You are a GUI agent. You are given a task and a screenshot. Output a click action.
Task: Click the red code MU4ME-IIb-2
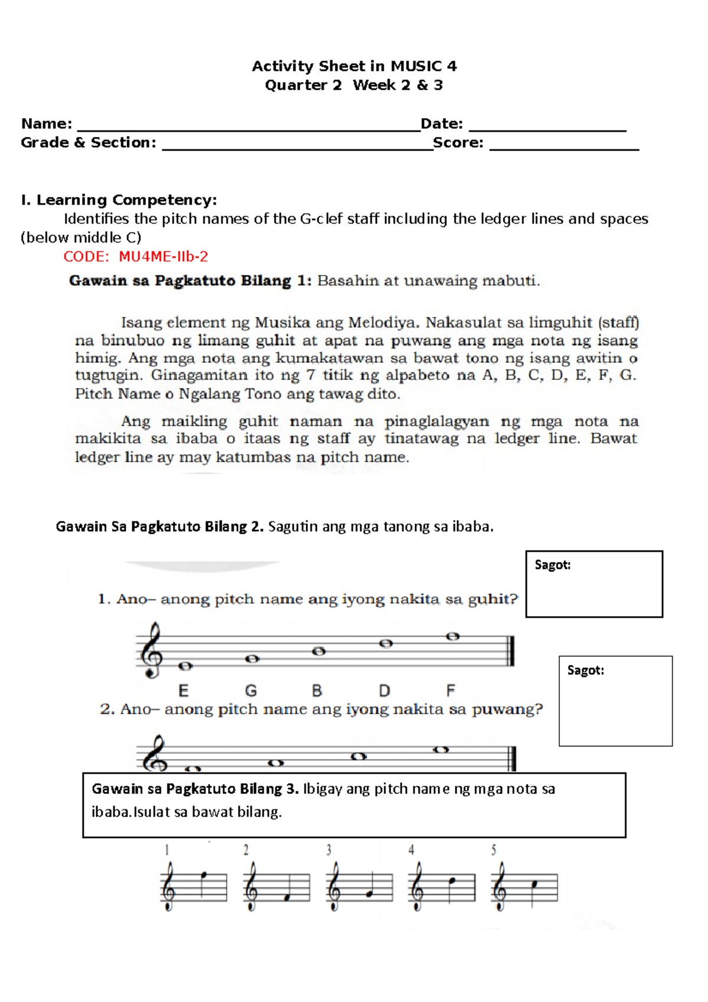click(x=163, y=257)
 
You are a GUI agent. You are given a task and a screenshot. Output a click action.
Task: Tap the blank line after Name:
click(x=248, y=127)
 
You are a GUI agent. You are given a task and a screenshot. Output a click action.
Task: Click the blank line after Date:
click(x=547, y=127)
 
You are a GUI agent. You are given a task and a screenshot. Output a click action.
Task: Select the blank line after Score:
click(x=564, y=146)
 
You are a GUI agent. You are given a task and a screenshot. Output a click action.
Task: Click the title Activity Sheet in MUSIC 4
click(x=354, y=66)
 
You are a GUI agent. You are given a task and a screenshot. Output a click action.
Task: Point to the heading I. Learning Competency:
click(x=119, y=200)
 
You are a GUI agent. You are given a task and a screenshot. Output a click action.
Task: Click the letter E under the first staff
click(x=183, y=690)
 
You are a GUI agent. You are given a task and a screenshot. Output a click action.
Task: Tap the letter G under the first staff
click(x=251, y=690)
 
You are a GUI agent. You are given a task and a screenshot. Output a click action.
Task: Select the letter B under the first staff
click(x=317, y=690)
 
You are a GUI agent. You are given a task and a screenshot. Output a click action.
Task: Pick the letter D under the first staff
click(x=384, y=690)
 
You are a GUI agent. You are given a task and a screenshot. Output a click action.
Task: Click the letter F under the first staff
click(x=451, y=690)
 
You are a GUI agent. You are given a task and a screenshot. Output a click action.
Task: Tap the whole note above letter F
click(x=453, y=637)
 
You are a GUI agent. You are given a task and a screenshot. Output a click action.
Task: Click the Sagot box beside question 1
click(x=594, y=584)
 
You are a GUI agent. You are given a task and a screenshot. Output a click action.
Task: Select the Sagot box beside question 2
click(x=615, y=701)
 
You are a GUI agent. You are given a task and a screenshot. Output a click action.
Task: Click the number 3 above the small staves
click(x=329, y=850)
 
